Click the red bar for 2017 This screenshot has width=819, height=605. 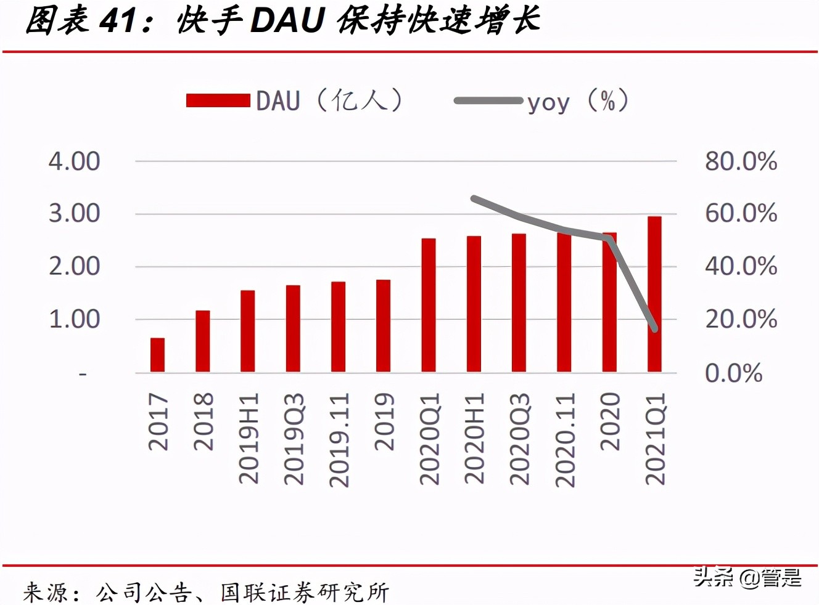157,355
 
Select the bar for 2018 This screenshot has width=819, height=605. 203,341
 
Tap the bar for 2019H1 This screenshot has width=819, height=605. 248,331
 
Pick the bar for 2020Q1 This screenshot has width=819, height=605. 429,305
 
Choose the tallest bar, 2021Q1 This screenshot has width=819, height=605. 654,294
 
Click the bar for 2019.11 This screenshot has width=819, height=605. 338,327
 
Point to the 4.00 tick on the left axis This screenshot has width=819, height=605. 75,161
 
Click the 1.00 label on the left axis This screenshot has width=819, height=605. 75,319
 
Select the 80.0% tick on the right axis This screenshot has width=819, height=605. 741,161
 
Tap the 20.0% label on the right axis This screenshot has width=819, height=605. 741,319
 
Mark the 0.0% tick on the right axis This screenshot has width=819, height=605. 733,373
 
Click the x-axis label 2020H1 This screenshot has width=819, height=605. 474,439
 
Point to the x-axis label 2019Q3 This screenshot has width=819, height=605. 294,439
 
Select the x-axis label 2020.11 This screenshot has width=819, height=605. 564,440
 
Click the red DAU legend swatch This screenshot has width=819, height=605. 218,100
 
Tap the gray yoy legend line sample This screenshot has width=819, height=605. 488,100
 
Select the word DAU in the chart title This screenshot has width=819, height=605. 287,20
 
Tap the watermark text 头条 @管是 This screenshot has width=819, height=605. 747,577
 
